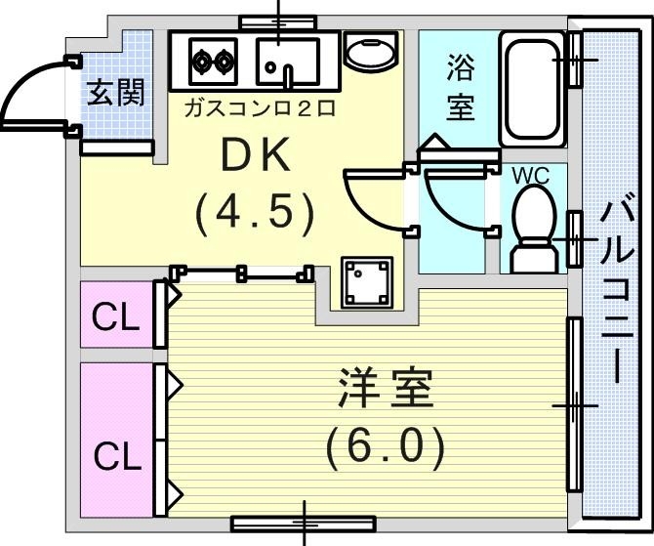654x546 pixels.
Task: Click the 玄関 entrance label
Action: [116, 93]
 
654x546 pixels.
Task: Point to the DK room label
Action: [254, 156]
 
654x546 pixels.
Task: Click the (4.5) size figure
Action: [254, 211]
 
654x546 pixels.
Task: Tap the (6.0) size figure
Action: [385, 446]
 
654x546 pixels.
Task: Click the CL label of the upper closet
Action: [116, 317]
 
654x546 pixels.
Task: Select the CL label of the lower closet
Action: [116, 455]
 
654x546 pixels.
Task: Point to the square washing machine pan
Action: [366, 282]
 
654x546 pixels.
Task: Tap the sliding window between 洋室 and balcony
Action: [575, 403]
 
